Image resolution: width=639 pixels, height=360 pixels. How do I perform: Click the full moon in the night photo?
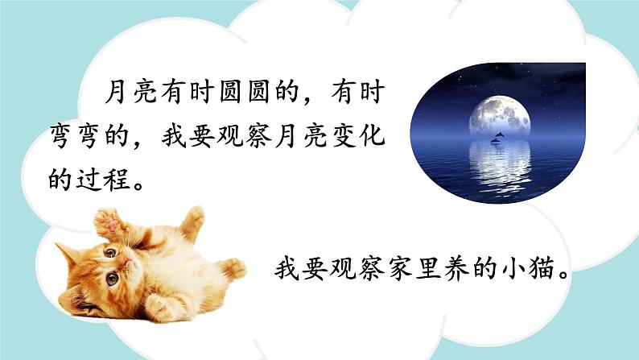tap(500, 117)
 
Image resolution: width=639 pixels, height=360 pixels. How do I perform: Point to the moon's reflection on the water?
tap(500, 165)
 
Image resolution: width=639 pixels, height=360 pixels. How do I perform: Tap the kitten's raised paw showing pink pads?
tap(107, 223)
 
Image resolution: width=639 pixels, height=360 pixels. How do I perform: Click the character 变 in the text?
tap(342, 136)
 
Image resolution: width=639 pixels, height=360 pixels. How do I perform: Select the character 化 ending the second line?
tap(372, 136)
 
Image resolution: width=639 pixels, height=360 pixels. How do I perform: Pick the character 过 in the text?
tap(89, 179)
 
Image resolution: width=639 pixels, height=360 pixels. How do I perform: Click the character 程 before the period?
tap(117, 179)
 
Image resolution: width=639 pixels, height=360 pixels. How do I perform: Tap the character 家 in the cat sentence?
tap(401, 268)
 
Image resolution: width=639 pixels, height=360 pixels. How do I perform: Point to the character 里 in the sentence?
tap(429, 268)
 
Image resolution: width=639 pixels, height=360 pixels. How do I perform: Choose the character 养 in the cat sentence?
tap(457, 268)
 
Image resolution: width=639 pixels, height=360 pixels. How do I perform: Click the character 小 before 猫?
tap(513, 268)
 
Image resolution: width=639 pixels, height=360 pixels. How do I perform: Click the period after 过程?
tap(138, 185)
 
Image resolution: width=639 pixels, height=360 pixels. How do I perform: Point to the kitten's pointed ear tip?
tap(58, 245)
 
